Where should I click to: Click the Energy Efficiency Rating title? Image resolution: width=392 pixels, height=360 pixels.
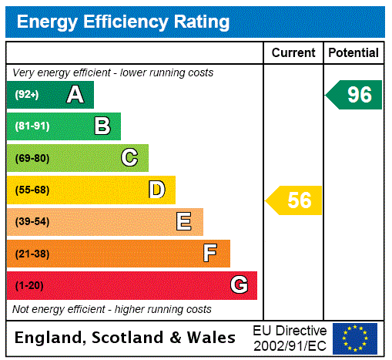[123, 22]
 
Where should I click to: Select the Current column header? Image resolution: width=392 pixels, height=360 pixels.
[293, 53]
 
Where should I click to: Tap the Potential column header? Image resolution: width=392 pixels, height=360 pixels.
[353, 53]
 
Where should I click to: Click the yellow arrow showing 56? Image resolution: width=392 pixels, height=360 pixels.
[295, 200]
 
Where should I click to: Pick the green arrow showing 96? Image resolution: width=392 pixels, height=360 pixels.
[355, 95]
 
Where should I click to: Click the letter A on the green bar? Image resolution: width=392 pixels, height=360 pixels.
[75, 95]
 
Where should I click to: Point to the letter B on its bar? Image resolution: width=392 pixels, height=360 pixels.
[102, 126]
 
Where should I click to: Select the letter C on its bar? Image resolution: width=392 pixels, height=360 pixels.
[129, 158]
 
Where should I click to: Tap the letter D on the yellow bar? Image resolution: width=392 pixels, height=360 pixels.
[156, 190]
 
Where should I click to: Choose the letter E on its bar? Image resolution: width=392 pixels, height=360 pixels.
[184, 222]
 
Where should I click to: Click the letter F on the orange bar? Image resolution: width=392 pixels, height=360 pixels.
[210, 254]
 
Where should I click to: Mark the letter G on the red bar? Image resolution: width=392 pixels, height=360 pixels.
[239, 285]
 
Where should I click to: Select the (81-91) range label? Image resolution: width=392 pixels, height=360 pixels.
[32, 126]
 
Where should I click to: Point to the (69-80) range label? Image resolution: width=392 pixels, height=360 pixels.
[32, 158]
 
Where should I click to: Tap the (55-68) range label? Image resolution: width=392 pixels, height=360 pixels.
[32, 190]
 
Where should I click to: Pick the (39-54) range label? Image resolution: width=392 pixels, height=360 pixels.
[32, 222]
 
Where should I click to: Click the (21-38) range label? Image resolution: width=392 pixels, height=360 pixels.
[32, 254]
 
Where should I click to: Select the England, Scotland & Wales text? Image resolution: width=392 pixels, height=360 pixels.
[126, 338]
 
